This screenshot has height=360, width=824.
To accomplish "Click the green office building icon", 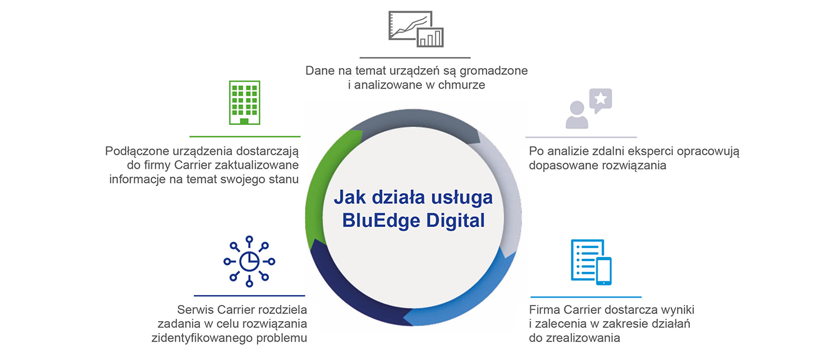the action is click(x=244, y=102).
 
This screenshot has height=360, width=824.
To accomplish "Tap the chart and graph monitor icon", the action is click(x=416, y=29).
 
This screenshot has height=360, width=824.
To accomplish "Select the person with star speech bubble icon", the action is click(x=588, y=109).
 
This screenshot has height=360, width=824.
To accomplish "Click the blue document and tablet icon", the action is click(x=591, y=262).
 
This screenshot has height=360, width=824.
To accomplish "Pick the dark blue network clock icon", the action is click(x=249, y=261).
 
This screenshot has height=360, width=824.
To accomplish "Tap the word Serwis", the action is click(x=195, y=309).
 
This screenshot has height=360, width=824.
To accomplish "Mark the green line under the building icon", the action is click(x=245, y=136).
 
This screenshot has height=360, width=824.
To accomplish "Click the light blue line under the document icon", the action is click(x=586, y=297).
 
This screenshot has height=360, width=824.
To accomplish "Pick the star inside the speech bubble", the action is click(x=601, y=98).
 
